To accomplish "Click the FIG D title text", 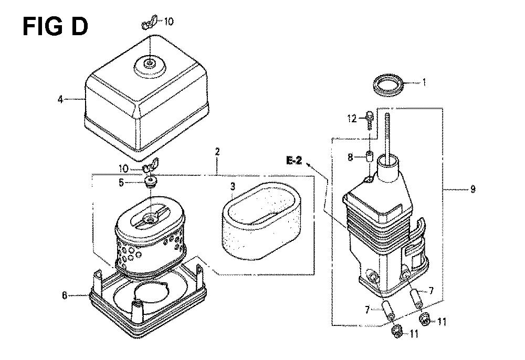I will point(55,26).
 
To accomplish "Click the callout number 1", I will point(425,82).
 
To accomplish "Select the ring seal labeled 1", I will point(389,84).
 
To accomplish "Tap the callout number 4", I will point(61,99).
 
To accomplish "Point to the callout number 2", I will point(217,152).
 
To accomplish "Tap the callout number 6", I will point(65,295).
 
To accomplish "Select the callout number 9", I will point(472,189).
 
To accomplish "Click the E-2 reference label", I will point(294,161).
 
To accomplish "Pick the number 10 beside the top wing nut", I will point(169,22).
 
